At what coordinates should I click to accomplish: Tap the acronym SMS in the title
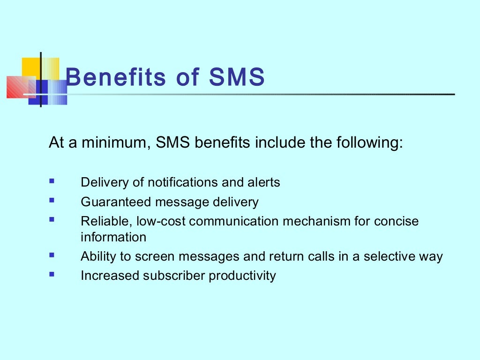(237, 77)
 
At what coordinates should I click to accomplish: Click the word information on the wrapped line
(113, 237)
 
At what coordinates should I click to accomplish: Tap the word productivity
(242, 276)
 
